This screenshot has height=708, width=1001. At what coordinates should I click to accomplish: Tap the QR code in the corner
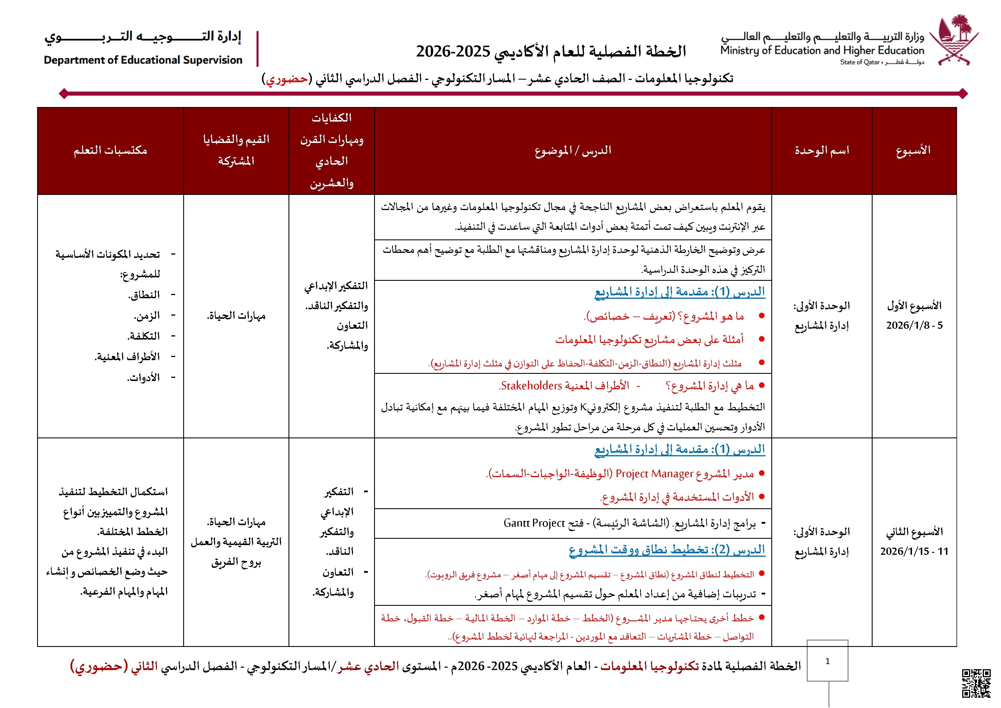tap(976, 683)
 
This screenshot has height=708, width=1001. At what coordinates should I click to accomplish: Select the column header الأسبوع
tap(913, 150)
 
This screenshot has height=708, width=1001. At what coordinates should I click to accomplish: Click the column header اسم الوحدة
tap(822, 150)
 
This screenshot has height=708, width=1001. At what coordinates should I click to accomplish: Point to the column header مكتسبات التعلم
tap(110, 150)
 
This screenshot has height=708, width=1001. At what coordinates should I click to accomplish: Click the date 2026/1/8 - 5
tap(914, 325)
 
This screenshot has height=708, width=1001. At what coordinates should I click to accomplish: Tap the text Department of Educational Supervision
tap(143, 60)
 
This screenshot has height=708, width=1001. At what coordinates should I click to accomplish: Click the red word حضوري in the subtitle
tap(287, 79)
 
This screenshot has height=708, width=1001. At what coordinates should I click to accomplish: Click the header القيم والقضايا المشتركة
tap(236, 150)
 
